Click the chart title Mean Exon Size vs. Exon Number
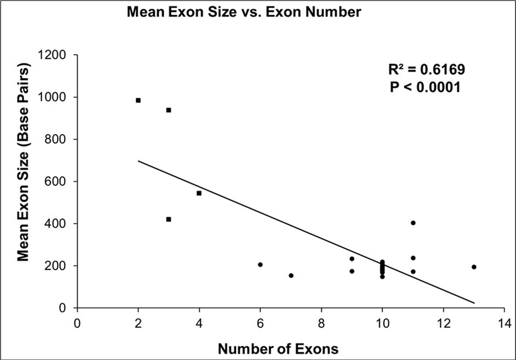[x=243, y=13]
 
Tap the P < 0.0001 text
[x=425, y=87]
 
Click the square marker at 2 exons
[x=138, y=100]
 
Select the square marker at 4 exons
[x=199, y=193]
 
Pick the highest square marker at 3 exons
[x=169, y=110]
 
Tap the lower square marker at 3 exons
[x=169, y=219]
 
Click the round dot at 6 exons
[x=260, y=265]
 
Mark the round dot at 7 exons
[x=291, y=275]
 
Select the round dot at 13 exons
[x=474, y=267]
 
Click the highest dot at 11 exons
[x=413, y=223]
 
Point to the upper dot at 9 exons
[x=352, y=259]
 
